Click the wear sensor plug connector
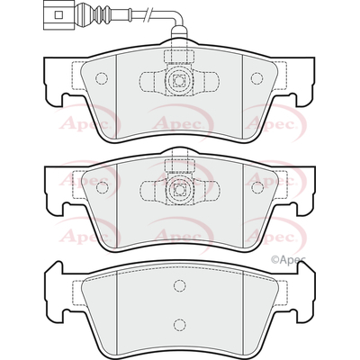(58, 14)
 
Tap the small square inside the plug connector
(58, 14)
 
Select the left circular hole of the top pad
(102, 78)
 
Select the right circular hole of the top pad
(256, 78)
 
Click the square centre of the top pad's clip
(179, 81)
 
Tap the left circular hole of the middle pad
(102, 187)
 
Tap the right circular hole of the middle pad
(257, 187)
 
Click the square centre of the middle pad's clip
(179, 190)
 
